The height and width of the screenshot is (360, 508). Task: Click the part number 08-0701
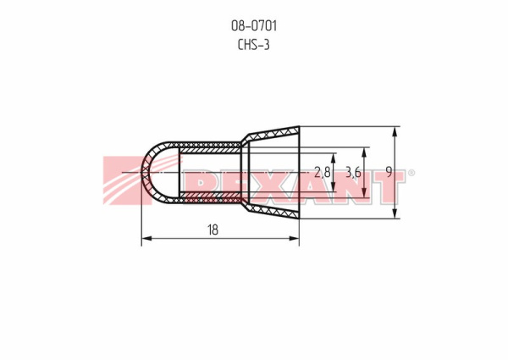tap(254, 25)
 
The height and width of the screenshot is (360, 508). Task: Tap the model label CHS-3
tap(254, 45)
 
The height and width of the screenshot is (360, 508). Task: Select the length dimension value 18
tap(213, 230)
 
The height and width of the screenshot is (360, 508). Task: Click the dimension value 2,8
tap(323, 172)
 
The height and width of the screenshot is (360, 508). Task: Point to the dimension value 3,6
tap(353, 172)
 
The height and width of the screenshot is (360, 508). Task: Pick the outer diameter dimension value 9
tap(389, 172)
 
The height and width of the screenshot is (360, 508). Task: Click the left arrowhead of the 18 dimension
tap(146, 239)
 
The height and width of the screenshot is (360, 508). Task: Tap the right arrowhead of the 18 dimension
tap(294, 239)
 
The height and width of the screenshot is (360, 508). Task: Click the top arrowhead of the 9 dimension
tap(395, 131)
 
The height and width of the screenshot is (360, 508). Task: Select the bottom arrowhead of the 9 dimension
tap(395, 213)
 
